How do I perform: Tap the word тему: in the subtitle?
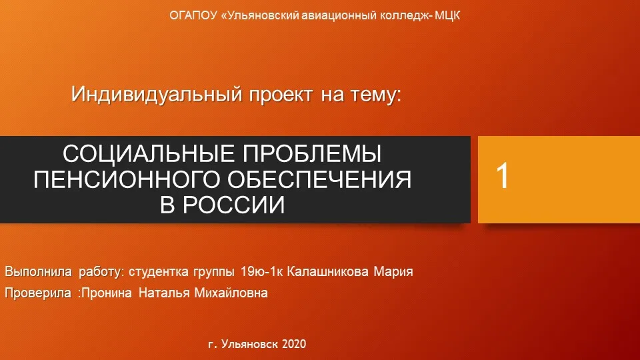[374, 95]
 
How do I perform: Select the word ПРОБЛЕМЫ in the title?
[312, 154]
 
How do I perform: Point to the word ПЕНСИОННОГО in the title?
[127, 179]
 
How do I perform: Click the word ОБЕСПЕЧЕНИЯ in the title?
[319, 179]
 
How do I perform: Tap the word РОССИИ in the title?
[233, 205]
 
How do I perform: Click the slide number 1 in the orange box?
[503, 175]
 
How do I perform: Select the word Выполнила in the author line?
[39, 271]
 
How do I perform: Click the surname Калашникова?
[328, 271]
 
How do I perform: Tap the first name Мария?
[393, 272]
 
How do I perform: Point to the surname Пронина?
[107, 293]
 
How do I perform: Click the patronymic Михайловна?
[231, 293]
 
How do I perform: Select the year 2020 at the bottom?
[294, 344]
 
